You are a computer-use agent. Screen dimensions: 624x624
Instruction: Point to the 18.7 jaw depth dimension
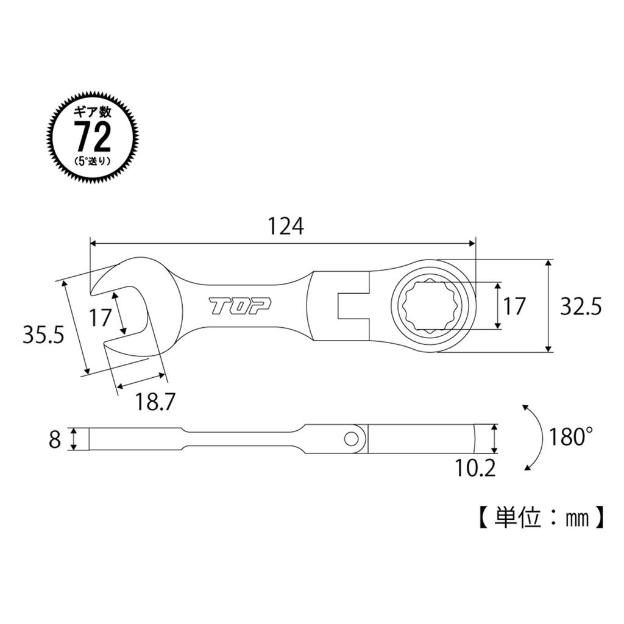click(x=155, y=401)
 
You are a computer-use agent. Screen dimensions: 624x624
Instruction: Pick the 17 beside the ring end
click(x=514, y=307)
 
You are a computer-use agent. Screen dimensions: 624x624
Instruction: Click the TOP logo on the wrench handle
click(x=241, y=307)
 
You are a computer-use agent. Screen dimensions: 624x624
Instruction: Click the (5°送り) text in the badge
click(x=93, y=161)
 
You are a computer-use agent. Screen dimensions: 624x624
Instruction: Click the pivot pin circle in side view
click(x=351, y=438)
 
